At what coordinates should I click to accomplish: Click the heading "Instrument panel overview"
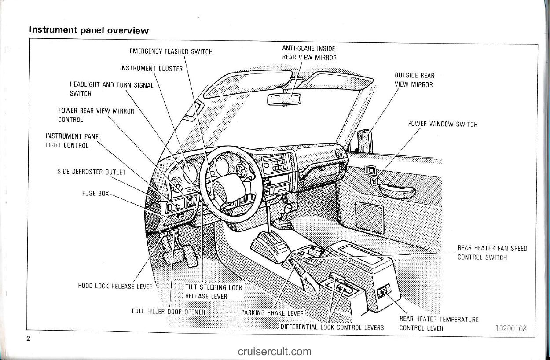point(88,30)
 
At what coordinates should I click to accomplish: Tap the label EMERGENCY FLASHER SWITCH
point(171,52)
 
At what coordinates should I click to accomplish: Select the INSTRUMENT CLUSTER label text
point(151,69)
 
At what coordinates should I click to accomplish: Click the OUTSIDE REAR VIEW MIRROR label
point(414,80)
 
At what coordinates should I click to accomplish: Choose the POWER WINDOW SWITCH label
point(442,124)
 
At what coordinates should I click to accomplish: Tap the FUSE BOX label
point(95,193)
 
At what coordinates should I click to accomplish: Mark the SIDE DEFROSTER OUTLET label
point(91,172)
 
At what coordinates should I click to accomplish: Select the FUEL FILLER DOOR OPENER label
point(169,312)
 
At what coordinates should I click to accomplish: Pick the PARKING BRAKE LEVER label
point(272,313)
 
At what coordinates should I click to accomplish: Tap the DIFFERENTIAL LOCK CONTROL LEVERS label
point(332,327)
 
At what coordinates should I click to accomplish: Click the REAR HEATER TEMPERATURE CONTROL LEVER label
point(438,323)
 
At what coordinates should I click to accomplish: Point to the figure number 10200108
point(510,328)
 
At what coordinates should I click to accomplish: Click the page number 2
point(29,338)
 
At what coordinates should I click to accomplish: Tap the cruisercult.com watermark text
point(275,352)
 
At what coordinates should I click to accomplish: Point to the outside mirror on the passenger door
point(365,140)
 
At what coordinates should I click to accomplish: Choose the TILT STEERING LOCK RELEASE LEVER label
point(213,292)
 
